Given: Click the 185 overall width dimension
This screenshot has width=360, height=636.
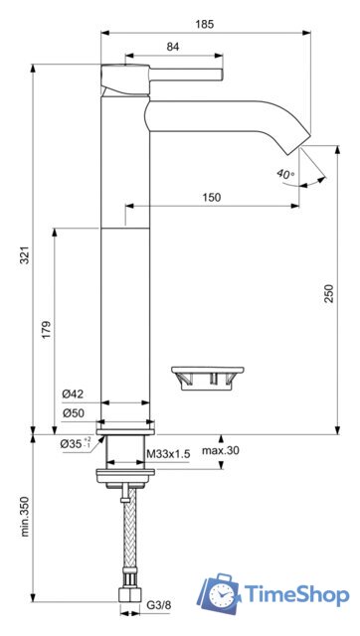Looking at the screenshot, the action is pyautogui.click(x=204, y=24).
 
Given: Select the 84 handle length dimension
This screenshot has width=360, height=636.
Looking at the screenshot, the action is pyautogui.click(x=173, y=47).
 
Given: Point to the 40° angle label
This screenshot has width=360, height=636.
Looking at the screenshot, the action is pyautogui.click(x=285, y=174).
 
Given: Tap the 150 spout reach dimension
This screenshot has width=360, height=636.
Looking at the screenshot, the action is pyautogui.click(x=212, y=197).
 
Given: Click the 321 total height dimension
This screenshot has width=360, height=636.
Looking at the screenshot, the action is pyautogui.click(x=25, y=254).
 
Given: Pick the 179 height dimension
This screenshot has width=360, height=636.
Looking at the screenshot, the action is pyautogui.click(x=47, y=330).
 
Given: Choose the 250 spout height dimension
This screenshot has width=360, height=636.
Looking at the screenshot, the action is pyautogui.click(x=328, y=293).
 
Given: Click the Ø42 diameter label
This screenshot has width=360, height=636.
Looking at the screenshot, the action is pyautogui.click(x=73, y=394).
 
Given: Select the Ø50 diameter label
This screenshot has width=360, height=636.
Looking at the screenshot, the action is pyautogui.click(x=73, y=413).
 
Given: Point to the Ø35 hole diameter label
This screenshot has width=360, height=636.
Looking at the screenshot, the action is pyautogui.click(x=76, y=443).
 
